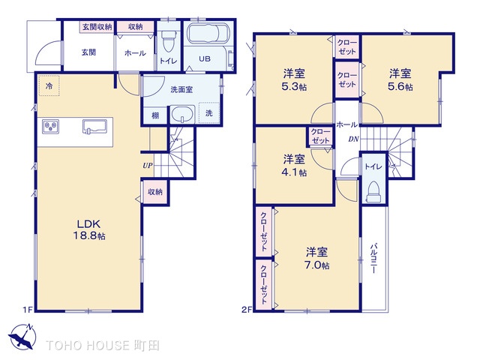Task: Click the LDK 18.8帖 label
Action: (x=88, y=229)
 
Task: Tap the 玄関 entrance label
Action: (x=88, y=52)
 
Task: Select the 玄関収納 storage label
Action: (x=97, y=27)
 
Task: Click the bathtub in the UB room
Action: (x=208, y=33)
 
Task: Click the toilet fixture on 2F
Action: (x=373, y=192)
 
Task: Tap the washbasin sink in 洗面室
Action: (x=182, y=115)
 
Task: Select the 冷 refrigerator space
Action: (x=49, y=86)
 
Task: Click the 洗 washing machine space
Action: (x=209, y=113)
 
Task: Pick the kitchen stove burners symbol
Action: (x=51, y=127)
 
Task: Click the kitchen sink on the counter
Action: (x=94, y=127)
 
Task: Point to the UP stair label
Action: (x=148, y=166)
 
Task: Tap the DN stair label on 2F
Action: (x=353, y=139)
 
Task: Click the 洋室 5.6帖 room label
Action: (x=400, y=80)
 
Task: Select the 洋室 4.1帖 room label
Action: (x=294, y=166)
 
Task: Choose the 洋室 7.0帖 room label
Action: (x=316, y=259)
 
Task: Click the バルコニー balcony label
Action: (x=373, y=258)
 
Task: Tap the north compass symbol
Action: (x=22, y=336)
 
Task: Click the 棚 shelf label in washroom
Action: (x=155, y=115)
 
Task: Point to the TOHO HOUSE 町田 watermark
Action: (x=103, y=345)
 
